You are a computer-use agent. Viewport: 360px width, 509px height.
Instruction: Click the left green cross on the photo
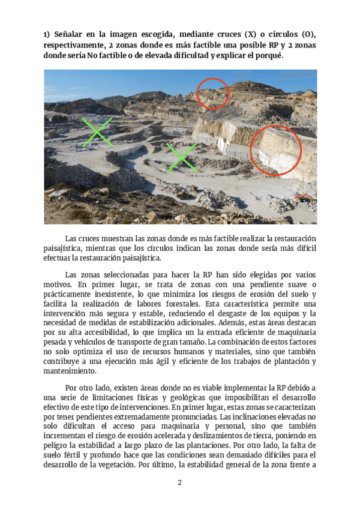coord(96,132)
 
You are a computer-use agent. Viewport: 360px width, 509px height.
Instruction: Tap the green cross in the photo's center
coord(181,157)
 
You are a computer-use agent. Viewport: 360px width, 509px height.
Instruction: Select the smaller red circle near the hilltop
coord(213,93)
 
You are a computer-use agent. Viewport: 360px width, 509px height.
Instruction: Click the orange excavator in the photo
coord(306,197)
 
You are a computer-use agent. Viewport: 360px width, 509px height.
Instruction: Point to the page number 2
coord(179,483)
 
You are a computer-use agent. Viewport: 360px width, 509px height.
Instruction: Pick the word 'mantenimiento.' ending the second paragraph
coord(74,372)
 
